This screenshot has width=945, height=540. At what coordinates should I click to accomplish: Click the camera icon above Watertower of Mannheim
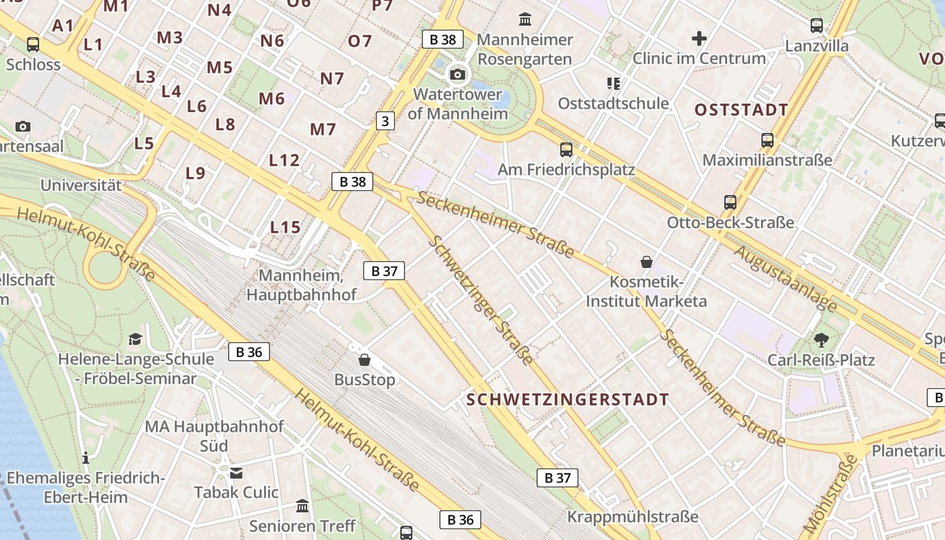coord(458,74)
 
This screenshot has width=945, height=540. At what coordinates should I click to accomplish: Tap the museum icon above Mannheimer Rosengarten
coord(524,19)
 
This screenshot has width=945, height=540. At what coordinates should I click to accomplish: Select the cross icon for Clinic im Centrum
coord(699,38)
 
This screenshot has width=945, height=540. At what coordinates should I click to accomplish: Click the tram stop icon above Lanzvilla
coord(817,26)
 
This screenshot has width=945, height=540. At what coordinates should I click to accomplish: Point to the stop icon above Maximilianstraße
coord(767,140)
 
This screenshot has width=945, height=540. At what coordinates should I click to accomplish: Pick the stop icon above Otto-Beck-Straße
coord(730,202)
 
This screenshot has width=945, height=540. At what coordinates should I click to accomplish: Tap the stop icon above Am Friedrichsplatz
coord(566,150)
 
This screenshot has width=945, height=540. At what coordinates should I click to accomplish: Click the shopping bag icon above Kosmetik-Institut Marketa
coord(646,262)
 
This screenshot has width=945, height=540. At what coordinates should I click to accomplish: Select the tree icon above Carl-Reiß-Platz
coord(821,340)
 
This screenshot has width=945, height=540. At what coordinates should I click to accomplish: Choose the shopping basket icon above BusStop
coord(364,360)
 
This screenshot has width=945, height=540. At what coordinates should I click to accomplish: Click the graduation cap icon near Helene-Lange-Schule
coord(135,339)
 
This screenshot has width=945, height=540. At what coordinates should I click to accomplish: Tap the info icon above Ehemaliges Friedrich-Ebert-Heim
coord(86,458)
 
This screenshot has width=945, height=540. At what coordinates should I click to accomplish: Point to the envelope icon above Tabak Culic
coord(236,473)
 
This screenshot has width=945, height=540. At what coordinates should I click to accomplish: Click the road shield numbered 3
coord(385,121)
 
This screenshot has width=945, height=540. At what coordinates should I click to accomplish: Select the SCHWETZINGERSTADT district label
coord(568,400)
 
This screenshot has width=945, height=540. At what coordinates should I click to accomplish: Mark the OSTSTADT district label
coord(741,110)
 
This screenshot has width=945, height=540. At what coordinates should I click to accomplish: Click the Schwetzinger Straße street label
coord(481,301)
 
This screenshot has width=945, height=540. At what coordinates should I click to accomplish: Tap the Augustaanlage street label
coord(784,278)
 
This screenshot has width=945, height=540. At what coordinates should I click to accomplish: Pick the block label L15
coord(285,227)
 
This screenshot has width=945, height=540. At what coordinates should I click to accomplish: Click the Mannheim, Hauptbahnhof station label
coord(301,286)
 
